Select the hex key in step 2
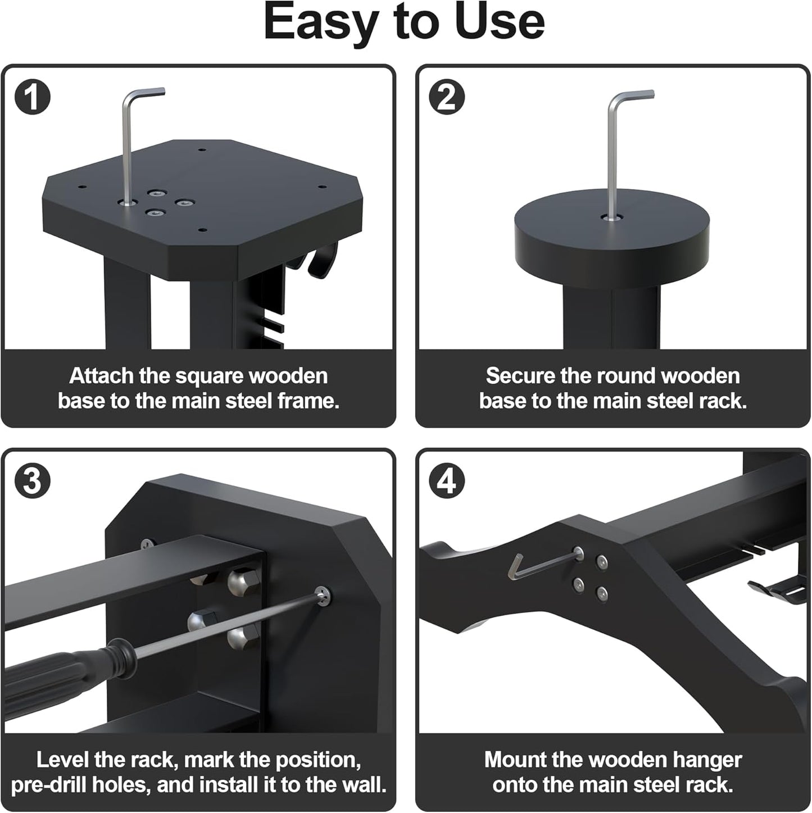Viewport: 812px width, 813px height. [x=612, y=152]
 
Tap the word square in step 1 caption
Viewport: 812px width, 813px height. [x=209, y=375]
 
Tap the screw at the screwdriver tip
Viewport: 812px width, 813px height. [x=323, y=597]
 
